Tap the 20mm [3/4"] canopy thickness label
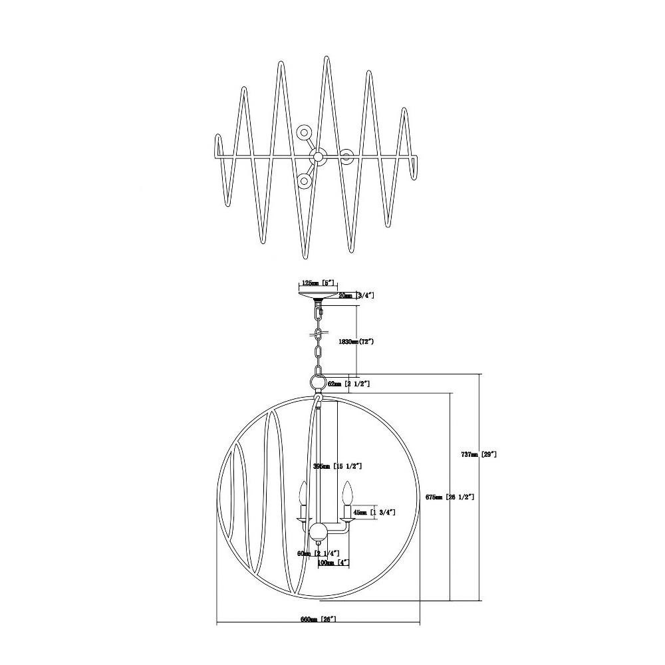click(x=356, y=295)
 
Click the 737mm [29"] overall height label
click(x=479, y=455)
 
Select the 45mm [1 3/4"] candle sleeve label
click(x=374, y=512)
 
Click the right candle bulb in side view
click(x=346, y=494)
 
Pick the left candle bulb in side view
click(x=302, y=494)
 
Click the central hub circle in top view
click(x=318, y=157)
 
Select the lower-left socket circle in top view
click(x=305, y=180)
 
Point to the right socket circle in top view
click(x=346, y=157)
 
